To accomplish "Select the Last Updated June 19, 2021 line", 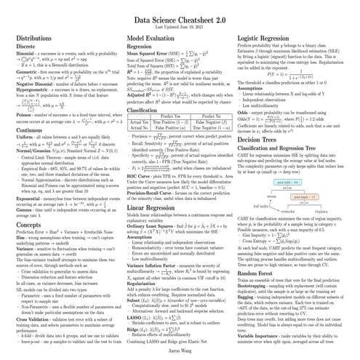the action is coord(180,22).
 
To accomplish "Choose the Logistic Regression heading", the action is coord(272,36).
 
